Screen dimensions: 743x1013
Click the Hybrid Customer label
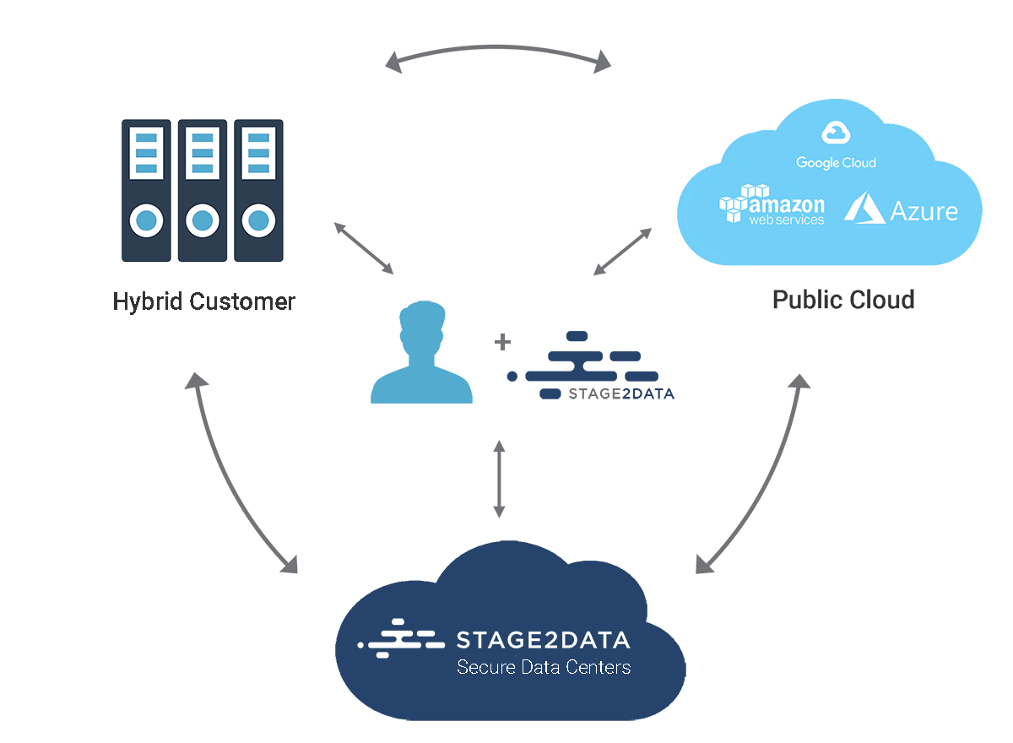click(203, 301)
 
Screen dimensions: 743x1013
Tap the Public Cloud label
click(843, 299)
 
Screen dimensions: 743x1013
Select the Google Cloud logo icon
click(835, 132)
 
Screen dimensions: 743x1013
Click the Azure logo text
click(924, 210)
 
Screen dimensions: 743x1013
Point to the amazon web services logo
click(772, 206)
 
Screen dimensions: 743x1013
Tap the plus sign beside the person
click(502, 342)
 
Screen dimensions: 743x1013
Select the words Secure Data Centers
click(543, 667)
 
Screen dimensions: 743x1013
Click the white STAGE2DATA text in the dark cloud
click(542, 639)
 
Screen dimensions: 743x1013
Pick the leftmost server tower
click(147, 190)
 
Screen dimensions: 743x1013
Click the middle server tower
click(203, 190)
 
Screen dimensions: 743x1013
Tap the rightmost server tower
click(258, 190)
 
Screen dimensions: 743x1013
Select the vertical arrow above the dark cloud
click(499, 478)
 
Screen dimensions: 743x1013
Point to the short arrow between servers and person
click(364, 248)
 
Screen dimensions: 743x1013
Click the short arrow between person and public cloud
click(622, 251)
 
